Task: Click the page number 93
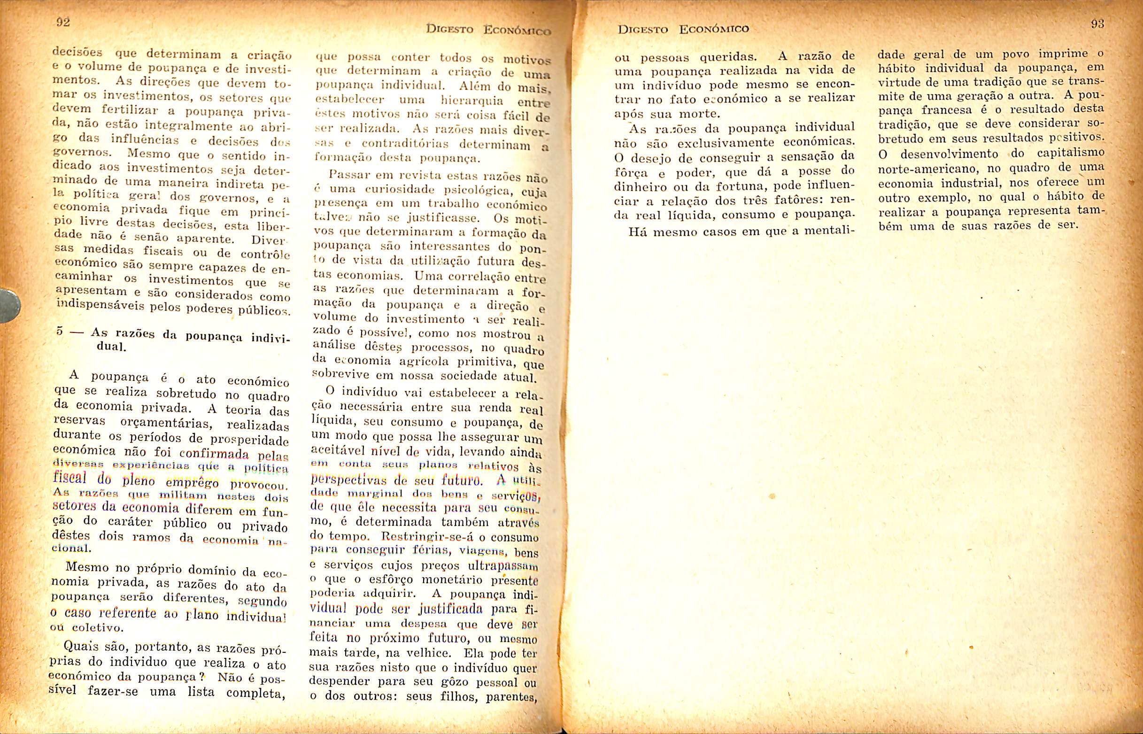pos(1097,24)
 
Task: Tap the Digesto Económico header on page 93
pos(683,29)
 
